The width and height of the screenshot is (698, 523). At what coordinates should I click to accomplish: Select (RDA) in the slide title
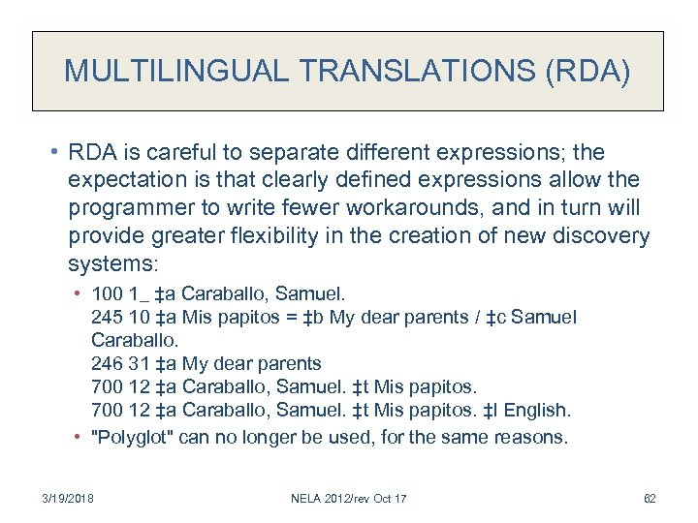591,71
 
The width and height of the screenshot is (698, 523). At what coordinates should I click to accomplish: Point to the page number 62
650,498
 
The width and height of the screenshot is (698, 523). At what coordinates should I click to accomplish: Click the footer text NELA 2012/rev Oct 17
350,498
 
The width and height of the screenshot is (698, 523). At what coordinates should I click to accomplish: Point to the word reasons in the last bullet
528,437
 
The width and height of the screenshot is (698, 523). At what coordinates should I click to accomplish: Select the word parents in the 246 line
291,364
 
